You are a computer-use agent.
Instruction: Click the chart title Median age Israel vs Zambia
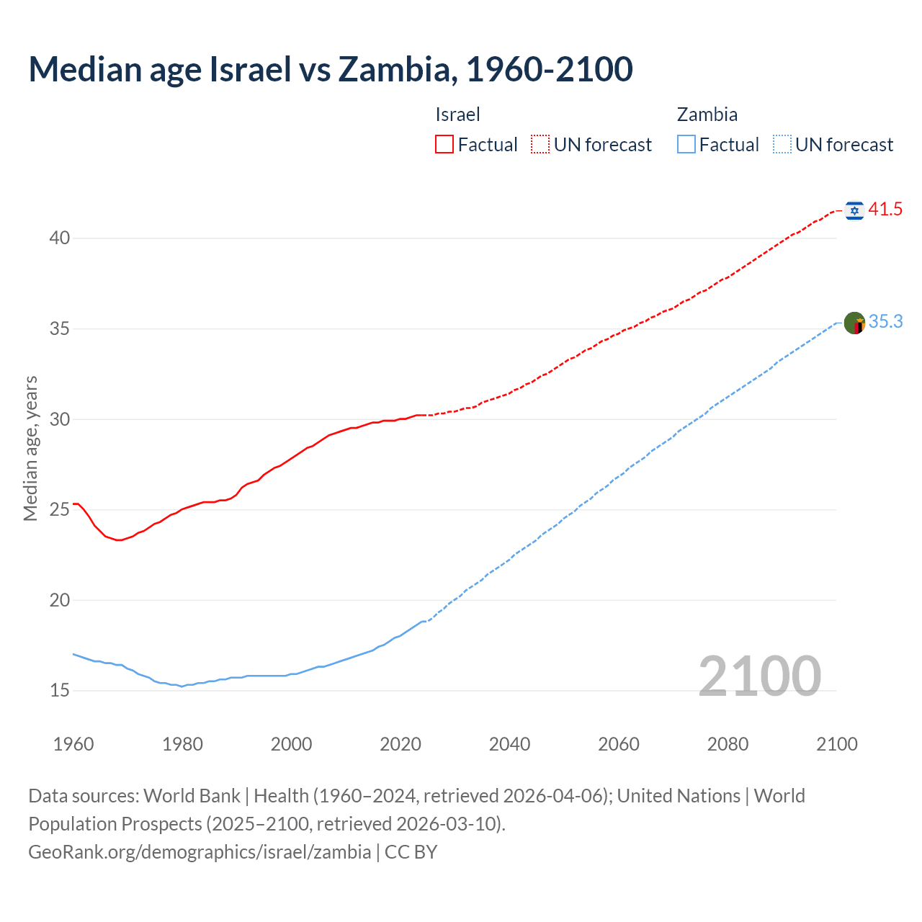point(331,69)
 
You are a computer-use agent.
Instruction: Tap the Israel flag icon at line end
point(854,210)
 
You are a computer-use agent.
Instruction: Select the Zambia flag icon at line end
point(854,323)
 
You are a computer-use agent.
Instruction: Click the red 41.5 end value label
point(885,210)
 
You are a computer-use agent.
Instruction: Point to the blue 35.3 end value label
point(885,321)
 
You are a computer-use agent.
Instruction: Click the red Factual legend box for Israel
point(444,145)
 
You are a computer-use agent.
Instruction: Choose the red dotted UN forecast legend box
point(540,145)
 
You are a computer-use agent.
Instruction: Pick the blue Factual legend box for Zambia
point(686,145)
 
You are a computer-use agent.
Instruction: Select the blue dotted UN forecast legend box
point(782,145)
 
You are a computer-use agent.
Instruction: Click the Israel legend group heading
point(457,115)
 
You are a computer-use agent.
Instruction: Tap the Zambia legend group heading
point(707,115)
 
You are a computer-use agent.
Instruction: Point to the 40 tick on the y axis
point(59,238)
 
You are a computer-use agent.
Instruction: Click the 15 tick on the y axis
point(59,691)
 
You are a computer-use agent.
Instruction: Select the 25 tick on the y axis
point(59,510)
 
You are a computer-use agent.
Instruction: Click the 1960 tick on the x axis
point(73,744)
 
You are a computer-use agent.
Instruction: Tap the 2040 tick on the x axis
point(509,744)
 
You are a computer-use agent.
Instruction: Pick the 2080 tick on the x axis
point(728,744)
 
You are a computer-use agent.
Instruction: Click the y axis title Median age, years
point(30,448)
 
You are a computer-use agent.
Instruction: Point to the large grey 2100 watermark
point(759,676)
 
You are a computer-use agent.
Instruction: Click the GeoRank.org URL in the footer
point(200,852)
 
